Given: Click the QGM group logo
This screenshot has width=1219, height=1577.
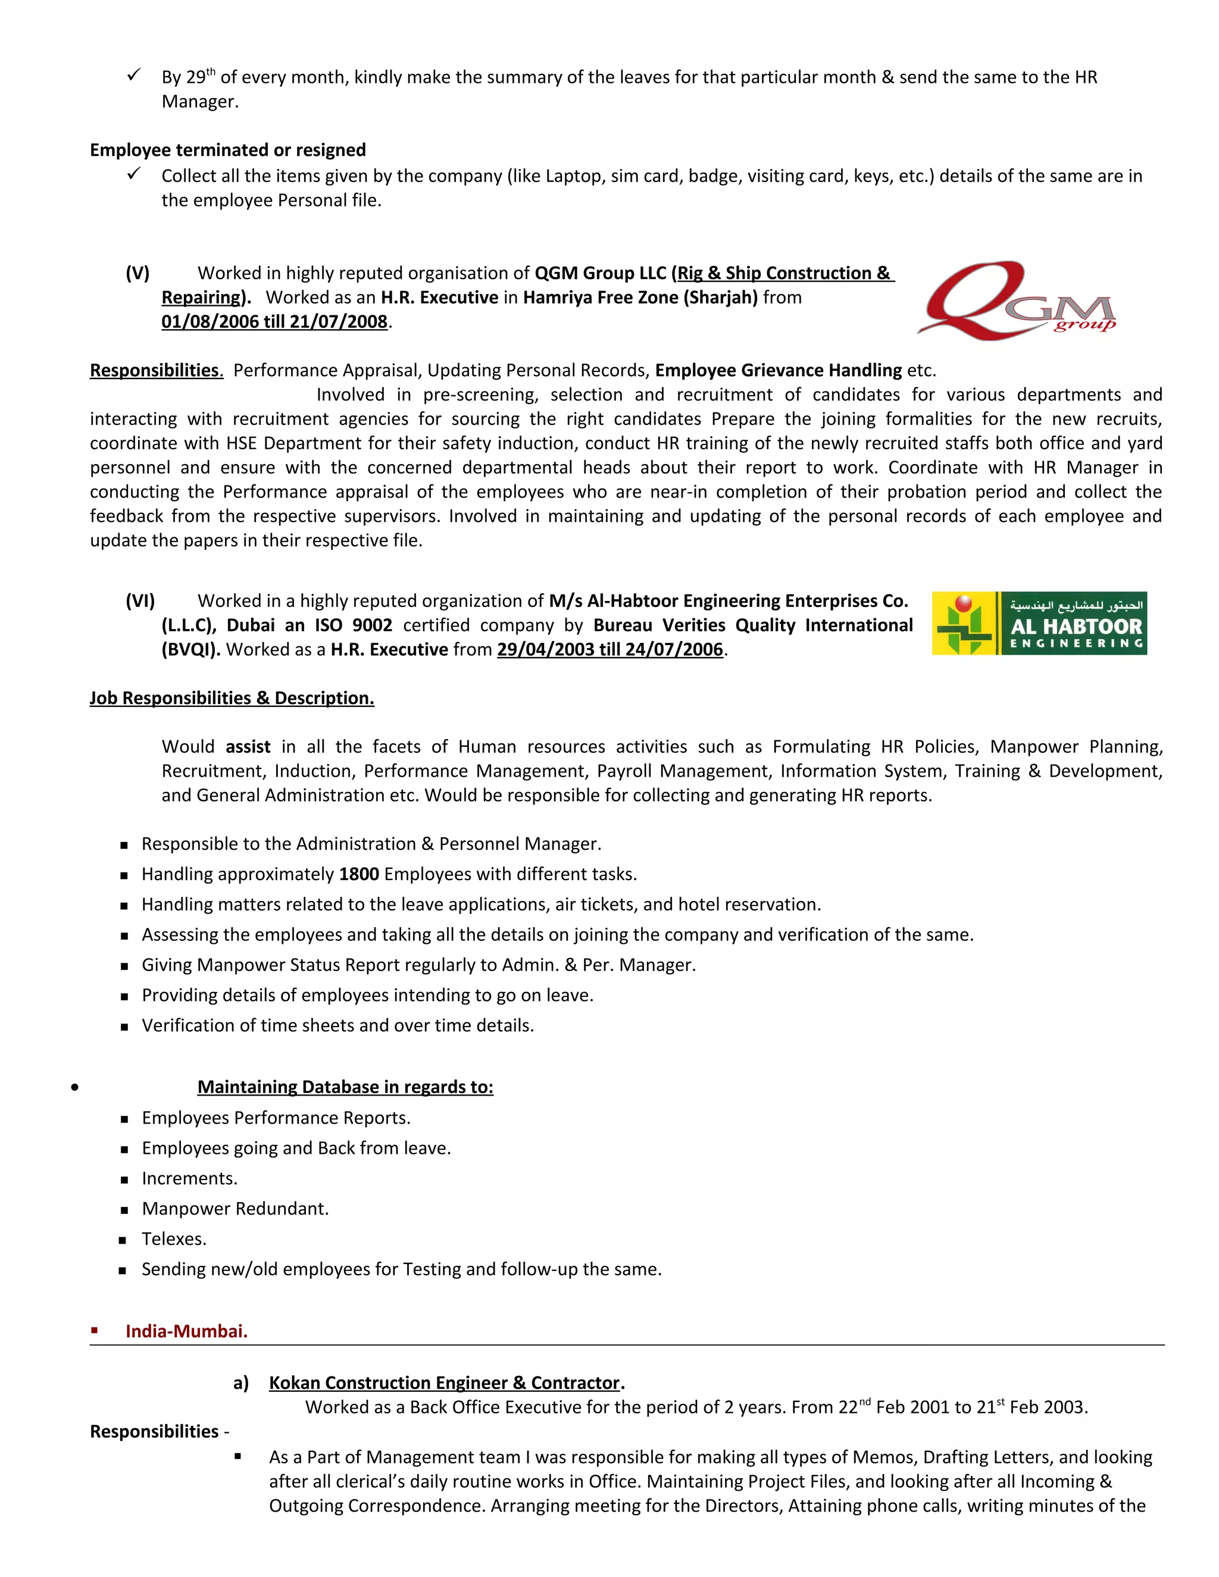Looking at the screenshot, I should pyautogui.click(x=1017, y=301).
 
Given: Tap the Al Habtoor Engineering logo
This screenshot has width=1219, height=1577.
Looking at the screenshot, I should pyautogui.click(x=1039, y=623).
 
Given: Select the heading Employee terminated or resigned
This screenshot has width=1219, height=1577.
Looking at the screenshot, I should pyautogui.click(x=227, y=149).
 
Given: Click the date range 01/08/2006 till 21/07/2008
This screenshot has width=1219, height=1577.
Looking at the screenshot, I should pyautogui.click(x=274, y=321).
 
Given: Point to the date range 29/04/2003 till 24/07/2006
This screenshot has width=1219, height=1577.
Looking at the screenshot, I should pyautogui.click(x=609, y=649).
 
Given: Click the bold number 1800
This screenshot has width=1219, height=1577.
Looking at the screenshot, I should pyautogui.click(x=359, y=874).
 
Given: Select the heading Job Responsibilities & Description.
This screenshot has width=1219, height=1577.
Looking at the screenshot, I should pyautogui.click(x=232, y=697).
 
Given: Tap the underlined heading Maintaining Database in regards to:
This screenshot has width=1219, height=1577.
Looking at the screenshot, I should pyautogui.click(x=345, y=1087).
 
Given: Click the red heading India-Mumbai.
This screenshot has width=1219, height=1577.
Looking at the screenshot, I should pyautogui.click(x=186, y=1331).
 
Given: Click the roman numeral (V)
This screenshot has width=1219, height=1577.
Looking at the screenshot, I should pyautogui.click(x=137, y=273).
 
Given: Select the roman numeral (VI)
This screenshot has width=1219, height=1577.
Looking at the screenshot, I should pyautogui.click(x=140, y=601).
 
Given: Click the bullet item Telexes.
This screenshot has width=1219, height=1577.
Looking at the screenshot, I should pyautogui.click(x=174, y=1238).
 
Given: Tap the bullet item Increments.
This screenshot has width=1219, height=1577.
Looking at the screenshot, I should pyautogui.click(x=189, y=1178).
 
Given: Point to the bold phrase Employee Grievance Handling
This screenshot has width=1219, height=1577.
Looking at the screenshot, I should pyautogui.click(x=778, y=370).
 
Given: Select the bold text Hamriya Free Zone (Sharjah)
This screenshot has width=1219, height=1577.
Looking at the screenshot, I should pyautogui.click(x=640, y=297).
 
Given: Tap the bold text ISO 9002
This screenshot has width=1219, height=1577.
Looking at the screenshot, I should pyautogui.click(x=353, y=625).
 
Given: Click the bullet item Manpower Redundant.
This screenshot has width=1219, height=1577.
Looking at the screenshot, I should pyautogui.click(x=235, y=1208).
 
